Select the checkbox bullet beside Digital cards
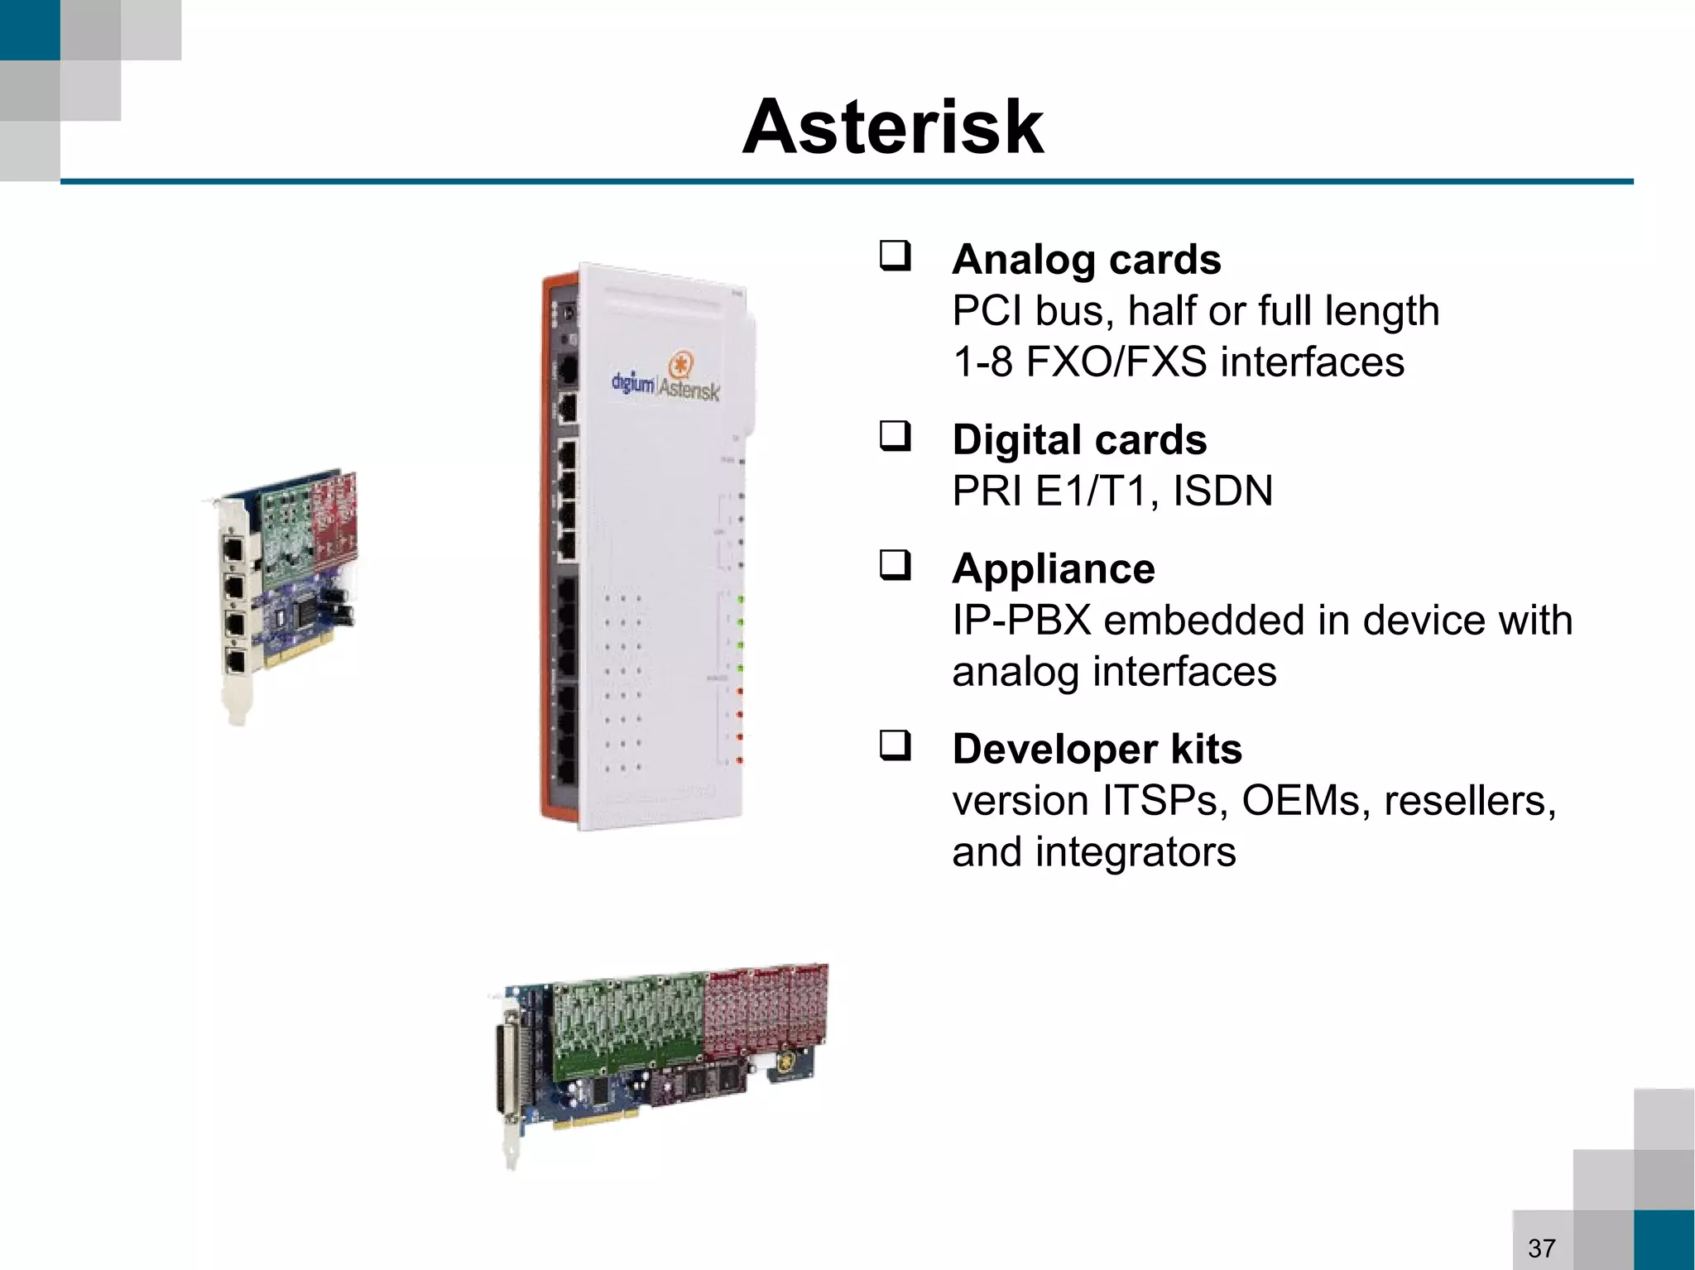895,436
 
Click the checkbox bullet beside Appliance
895,565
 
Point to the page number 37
1541,1248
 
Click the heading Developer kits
1097,749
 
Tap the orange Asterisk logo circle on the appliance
680,365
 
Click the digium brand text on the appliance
632,383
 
